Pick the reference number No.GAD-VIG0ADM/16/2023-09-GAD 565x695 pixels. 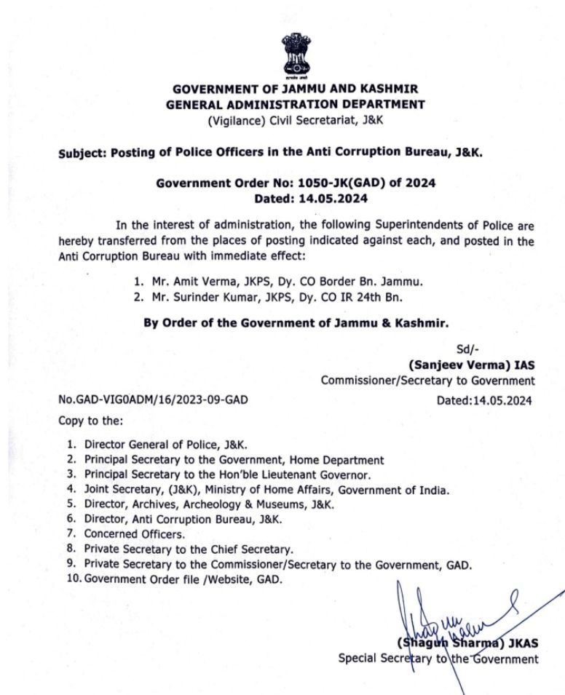pyautogui.click(x=157, y=400)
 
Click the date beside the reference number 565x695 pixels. pyautogui.click(x=484, y=400)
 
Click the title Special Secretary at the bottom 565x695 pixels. pyautogui.click(x=382, y=659)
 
